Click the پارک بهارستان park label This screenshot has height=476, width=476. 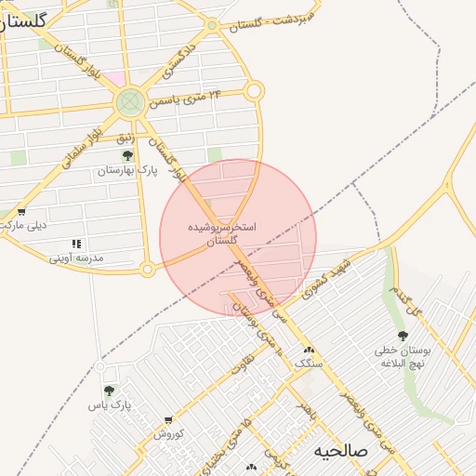click(x=127, y=171)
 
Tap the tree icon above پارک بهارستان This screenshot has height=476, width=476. click(x=127, y=155)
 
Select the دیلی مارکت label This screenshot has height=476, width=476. click(x=25, y=225)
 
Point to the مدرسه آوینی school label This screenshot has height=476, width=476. click(x=76, y=257)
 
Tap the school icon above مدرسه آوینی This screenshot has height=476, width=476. click(x=76, y=244)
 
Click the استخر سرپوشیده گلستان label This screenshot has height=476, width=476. click(x=222, y=232)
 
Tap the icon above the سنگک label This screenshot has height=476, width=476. click(x=308, y=350)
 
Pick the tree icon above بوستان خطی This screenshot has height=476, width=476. click(x=402, y=336)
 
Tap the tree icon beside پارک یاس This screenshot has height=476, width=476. click(x=109, y=390)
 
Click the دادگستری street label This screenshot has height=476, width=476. click(x=178, y=58)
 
